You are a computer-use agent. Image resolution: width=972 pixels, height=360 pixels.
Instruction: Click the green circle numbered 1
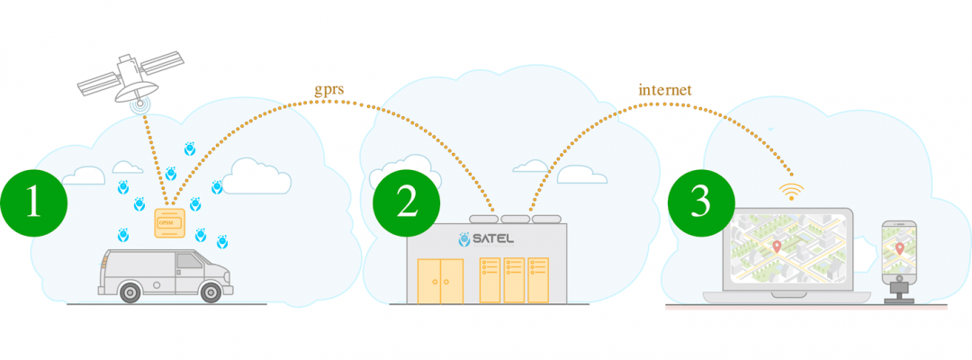pyautogui.click(x=33, y=202)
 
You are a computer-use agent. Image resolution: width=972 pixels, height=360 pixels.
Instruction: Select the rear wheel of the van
pyautogui.click(x=130, y=291)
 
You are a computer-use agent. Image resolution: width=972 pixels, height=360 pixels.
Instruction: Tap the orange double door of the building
pyautogui.click(x=441, y=281)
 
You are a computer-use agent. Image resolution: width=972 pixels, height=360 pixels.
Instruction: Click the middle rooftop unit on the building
pyautogui.click(x=515, y=219)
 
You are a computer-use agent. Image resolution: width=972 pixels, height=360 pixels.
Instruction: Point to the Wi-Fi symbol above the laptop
pyautogui.click(x=791, y=192)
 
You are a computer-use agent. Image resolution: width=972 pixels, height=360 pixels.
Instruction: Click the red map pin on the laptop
pyautogui.click(x=777, y=246)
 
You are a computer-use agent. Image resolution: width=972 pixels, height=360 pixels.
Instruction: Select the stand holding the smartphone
pyautogui.click(x=897, y=290)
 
